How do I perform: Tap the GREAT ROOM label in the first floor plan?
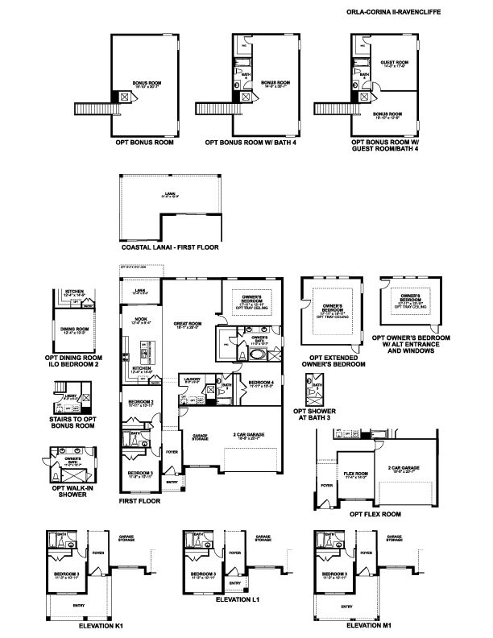(187, 325)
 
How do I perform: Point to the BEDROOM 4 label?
(261, 383)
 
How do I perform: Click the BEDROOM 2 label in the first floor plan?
(141, 402)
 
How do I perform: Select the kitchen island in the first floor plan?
(146, 351)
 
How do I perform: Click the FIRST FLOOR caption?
(139, 501)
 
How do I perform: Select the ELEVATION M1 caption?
(369, 625)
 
